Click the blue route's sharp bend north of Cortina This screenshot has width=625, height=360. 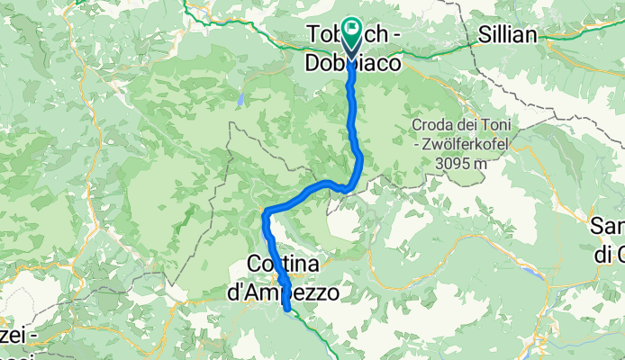[x=265, y=212]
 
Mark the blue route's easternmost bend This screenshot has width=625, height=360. [x=360, y=158]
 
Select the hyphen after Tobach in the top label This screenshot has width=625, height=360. [x=393, y=33]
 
